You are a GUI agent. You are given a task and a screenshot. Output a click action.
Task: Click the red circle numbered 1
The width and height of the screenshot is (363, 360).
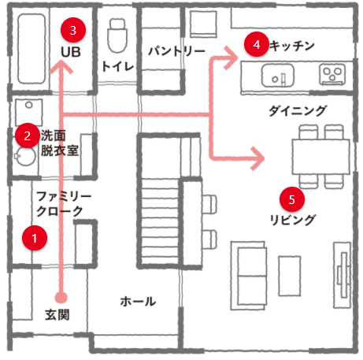(x=35, y=238)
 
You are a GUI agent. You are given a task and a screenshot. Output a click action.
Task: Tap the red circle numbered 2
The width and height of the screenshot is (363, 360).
(x=28, y=135)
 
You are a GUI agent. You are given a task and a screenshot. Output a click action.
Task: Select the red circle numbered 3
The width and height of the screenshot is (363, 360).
(x=73, y=30)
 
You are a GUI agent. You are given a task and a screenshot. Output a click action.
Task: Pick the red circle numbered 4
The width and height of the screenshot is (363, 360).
(x=257, y=44)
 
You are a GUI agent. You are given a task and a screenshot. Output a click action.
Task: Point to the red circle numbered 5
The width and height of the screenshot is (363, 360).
(x=292, y=199)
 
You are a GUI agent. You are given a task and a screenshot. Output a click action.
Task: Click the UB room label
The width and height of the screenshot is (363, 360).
(x=71, y=52)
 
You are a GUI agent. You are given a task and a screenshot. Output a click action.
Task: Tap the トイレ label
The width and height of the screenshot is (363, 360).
(x=118, y=67)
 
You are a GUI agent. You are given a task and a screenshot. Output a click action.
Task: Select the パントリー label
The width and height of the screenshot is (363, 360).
(x=176, y=51)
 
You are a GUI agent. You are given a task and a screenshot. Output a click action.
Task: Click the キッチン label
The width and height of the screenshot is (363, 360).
(x=292, y=46)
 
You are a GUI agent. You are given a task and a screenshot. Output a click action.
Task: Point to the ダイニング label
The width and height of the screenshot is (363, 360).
(x=298, y=110)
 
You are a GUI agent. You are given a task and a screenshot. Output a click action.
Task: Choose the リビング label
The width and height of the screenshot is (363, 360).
(x=292, y=220)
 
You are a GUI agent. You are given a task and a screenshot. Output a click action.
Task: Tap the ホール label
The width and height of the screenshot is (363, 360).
(x=138, y=302)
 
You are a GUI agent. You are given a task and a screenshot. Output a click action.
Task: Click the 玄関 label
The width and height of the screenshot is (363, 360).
(x=57, y=314)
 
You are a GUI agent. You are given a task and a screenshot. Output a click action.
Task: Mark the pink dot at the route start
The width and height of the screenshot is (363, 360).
(x=61, y=298)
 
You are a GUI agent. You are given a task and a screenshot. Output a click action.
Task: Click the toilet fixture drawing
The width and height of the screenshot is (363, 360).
(x=117, y=35)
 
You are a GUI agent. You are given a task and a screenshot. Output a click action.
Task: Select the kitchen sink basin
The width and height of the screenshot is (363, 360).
(x=278, y=76)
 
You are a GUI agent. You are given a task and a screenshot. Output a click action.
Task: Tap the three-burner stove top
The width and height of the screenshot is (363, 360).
(x=332, y=74)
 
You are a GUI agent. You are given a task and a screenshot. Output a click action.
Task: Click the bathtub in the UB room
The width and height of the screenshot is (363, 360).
(x=31, y=49)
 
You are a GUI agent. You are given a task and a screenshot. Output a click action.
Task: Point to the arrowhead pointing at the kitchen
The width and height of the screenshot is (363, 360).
(x=231, y=58)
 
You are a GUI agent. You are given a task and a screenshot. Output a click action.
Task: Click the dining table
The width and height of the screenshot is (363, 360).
(x=320, y=157)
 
